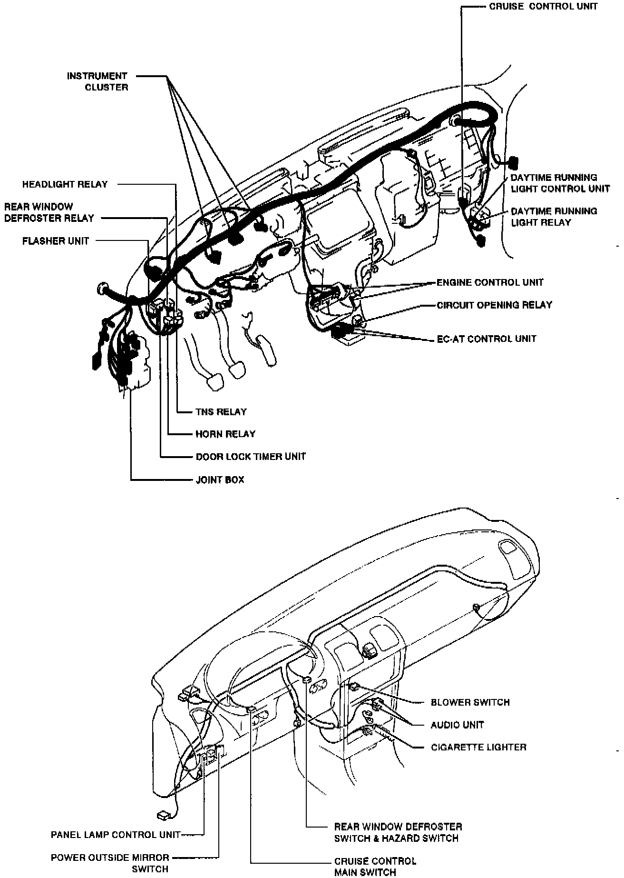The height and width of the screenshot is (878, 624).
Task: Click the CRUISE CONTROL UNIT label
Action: click(543, 7)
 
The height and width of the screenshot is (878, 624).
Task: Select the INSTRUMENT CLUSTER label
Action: click(97, 81)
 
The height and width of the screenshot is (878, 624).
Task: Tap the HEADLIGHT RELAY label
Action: click(65, 184)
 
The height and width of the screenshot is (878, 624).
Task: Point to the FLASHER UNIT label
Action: click(56, 241)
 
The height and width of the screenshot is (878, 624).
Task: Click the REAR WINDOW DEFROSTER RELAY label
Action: click(49, 212)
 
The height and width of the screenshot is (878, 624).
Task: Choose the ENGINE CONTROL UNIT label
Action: click(490, 282)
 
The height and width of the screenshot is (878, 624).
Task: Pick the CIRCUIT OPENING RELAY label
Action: click(494, 305)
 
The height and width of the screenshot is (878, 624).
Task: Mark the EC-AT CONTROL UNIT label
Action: click(487, 339)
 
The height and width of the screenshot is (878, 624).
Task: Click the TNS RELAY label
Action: click(221, 411)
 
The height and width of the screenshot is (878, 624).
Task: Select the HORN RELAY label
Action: click(225, 434)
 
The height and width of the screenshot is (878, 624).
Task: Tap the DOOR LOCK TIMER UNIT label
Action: click(251, 456)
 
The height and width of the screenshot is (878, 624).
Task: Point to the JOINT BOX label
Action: click(220, 479)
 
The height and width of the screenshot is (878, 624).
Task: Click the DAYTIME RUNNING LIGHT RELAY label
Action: click(554, 217)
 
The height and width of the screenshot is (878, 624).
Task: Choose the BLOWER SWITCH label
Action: click(470, 702)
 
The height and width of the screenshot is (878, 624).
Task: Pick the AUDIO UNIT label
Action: click(457, 725)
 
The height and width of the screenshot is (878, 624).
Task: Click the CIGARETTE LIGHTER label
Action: click(478, 747)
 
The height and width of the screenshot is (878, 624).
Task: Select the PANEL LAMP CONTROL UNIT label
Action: click(116, 835)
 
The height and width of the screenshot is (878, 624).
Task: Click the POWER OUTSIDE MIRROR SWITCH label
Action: click(110, 863)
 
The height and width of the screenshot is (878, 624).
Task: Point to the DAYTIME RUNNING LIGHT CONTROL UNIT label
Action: click(560, 183)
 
